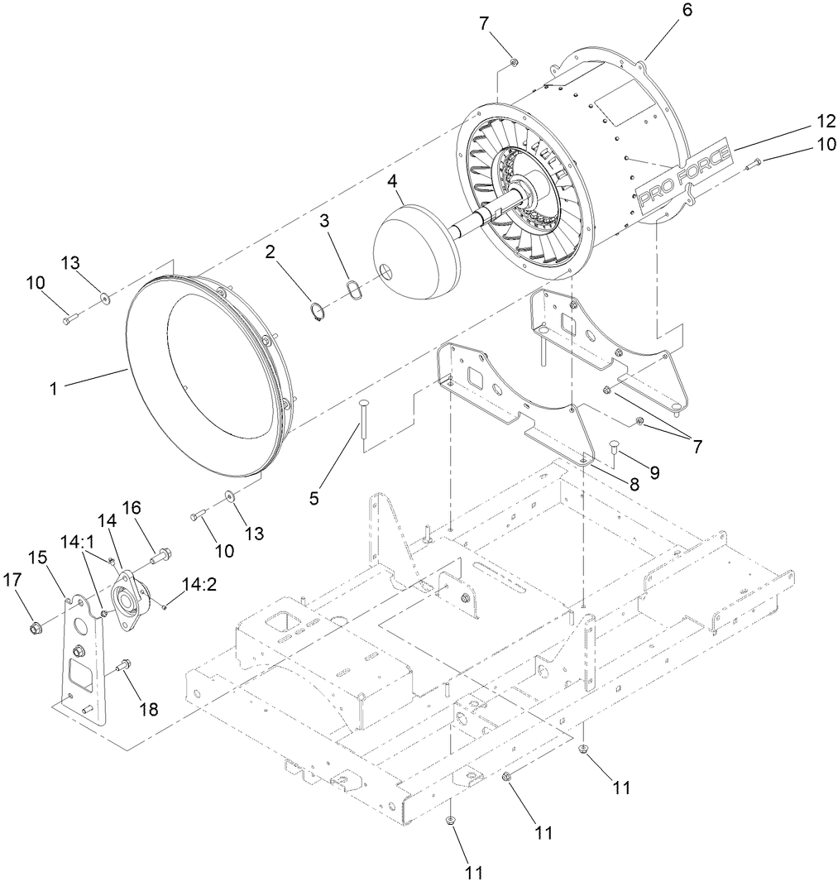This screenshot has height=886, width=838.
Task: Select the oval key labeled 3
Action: (x=356, y=292)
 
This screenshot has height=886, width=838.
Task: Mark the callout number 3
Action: (x=325, y=221)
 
